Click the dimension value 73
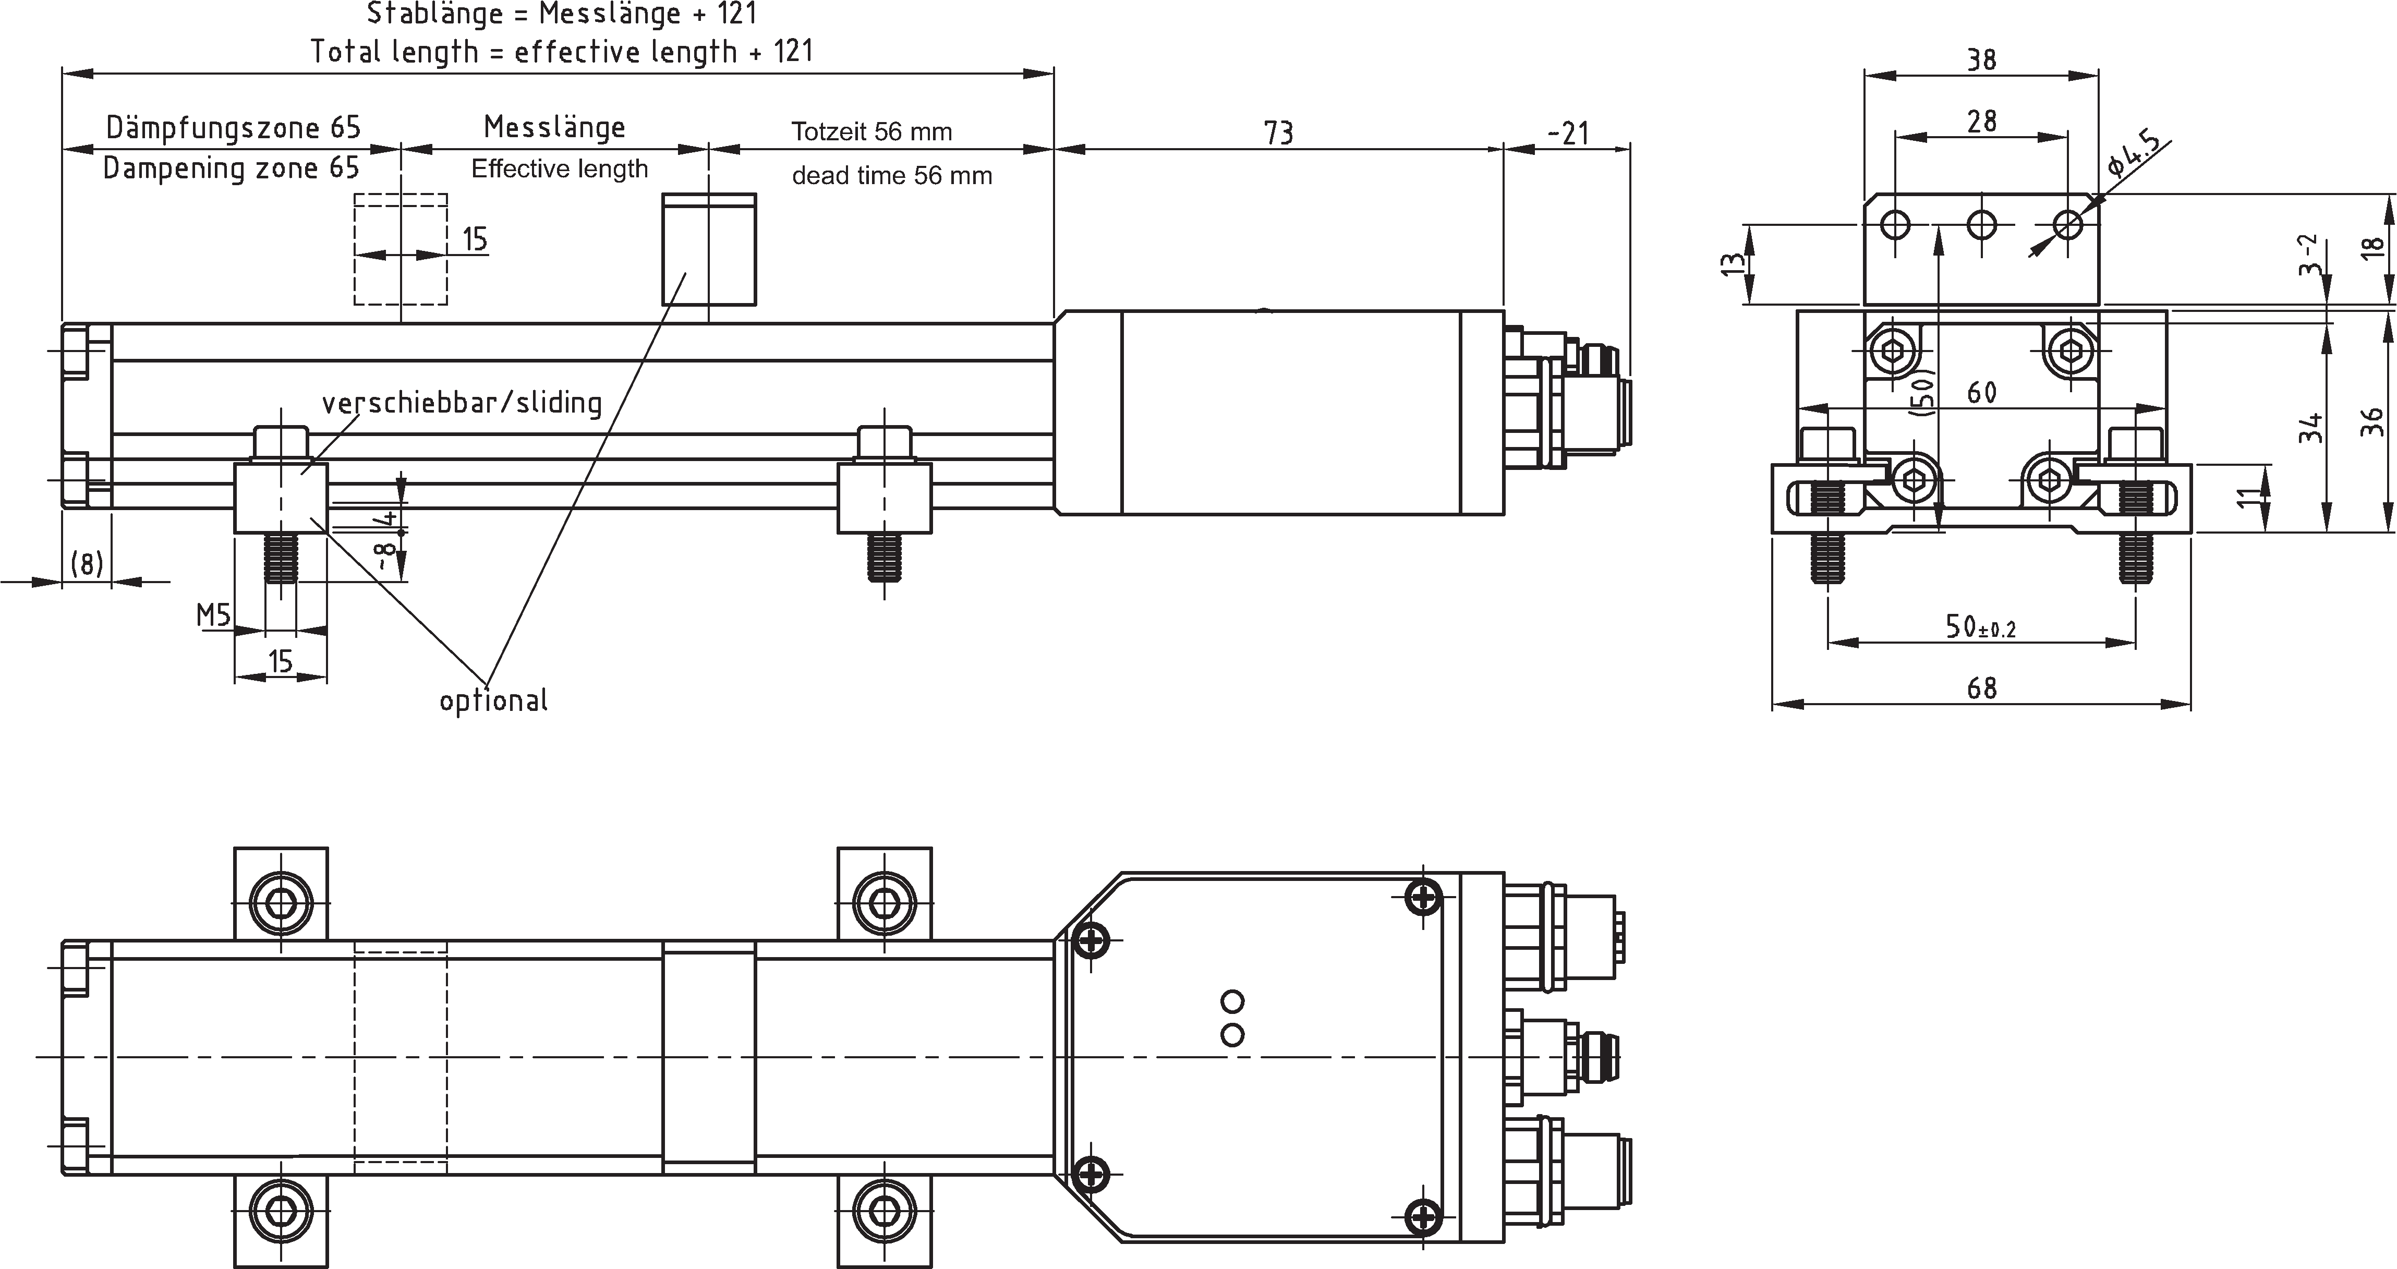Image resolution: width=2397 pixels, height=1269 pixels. click(1278, 133)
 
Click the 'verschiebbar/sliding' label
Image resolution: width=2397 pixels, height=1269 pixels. click(462, 403)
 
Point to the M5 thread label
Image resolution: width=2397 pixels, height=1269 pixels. click(213, 614)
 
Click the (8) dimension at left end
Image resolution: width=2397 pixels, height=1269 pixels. click(87, 563)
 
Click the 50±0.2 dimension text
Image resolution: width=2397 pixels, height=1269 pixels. click(1980, 627)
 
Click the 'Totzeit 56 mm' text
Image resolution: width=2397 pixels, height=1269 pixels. click(872, 131)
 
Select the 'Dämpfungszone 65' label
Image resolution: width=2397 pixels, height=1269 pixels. click(233, 127)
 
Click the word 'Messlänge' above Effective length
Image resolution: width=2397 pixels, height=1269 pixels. click(554, 127)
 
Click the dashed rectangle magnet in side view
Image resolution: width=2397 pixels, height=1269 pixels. click(400, 249)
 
